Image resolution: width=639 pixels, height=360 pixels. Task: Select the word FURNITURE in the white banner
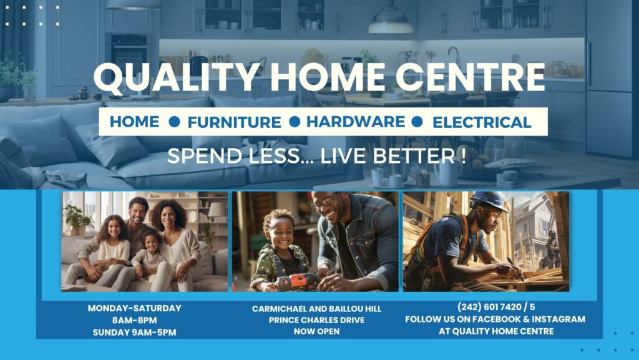(x=235, y=122)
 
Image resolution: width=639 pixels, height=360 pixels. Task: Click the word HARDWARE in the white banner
(x=356, y=122)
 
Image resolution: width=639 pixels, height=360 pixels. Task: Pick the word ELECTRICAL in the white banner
(x=482, y=122)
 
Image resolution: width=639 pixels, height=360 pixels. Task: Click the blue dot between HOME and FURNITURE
(x=175, y=122)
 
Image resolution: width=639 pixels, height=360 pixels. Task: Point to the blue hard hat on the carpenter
(x=489, y=201)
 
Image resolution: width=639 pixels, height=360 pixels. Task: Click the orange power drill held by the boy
(x=298, y=281)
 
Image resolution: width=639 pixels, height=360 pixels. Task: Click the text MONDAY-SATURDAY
(x=135, y=308)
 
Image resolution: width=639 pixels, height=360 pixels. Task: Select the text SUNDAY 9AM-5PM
(x=135, y=333)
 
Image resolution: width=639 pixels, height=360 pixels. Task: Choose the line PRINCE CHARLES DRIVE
(x=316, y=320)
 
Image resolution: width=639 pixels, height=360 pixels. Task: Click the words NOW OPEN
(x=316, y=331)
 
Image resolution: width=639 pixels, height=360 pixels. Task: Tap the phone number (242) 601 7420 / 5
(x=496, y=306)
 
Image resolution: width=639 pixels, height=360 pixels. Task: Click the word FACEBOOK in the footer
(x=498, y=319)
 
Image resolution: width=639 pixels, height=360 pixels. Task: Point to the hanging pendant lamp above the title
(x=391, y=21)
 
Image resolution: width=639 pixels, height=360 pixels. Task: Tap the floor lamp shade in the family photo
(x=217, y=210)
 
